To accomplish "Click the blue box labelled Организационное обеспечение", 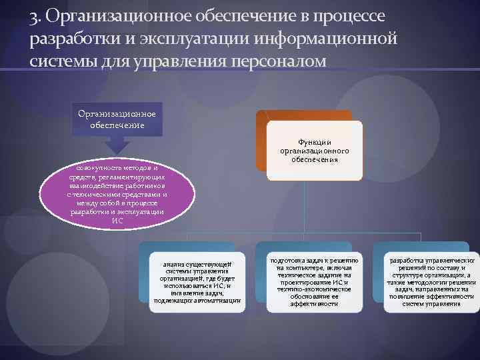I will click(x=117, y=119).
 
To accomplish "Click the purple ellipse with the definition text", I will click(x=117, y=193).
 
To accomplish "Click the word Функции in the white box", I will click(x=315, y=141).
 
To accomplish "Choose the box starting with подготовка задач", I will click(x=314, y=281).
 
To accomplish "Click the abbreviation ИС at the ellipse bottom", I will click(x=117, y=221).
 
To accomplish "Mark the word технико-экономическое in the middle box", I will click(x=315, y=289).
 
